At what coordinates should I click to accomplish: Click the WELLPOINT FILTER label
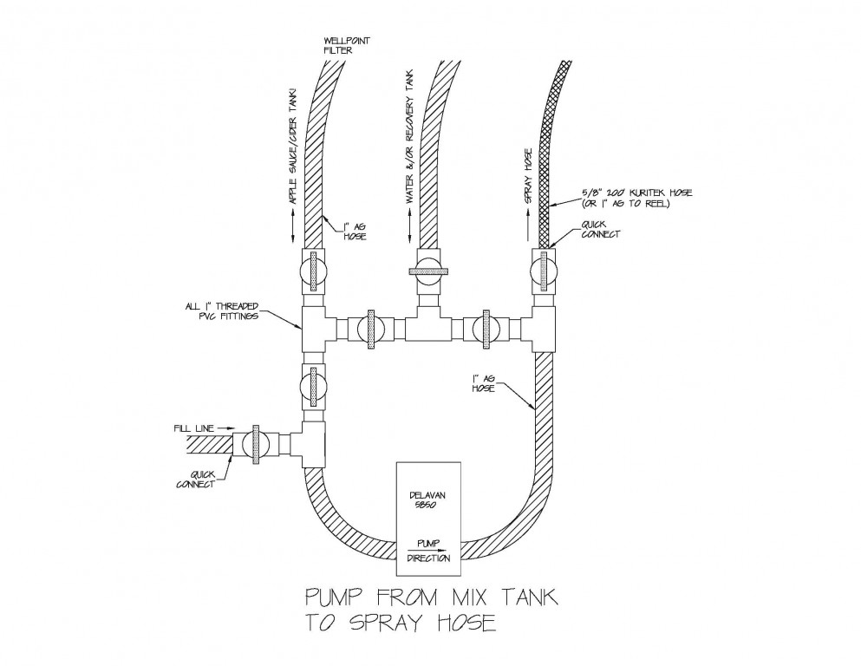pyautogui.click(x=341, y=44)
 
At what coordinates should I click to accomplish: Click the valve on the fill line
pyautogui.click(x=256, y=443)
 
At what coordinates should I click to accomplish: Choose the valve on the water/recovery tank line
pyautogui.click(x=429, y=271)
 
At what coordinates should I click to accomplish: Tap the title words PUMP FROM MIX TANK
pyautogui.click(x=428, y=598)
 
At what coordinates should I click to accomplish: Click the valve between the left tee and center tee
pyautogui.click(x=370, y=330)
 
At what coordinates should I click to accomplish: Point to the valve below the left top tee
pyautogui.click(x=312, y=385)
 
